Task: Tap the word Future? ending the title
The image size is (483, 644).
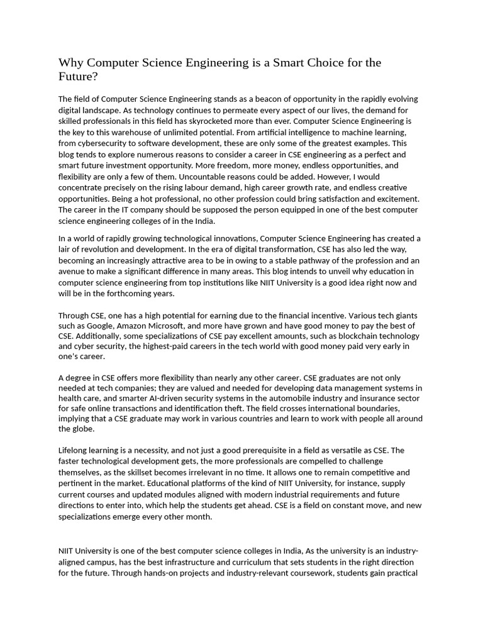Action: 79,77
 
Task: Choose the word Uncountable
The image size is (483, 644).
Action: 197,177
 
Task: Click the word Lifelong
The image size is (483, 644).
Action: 74,450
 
